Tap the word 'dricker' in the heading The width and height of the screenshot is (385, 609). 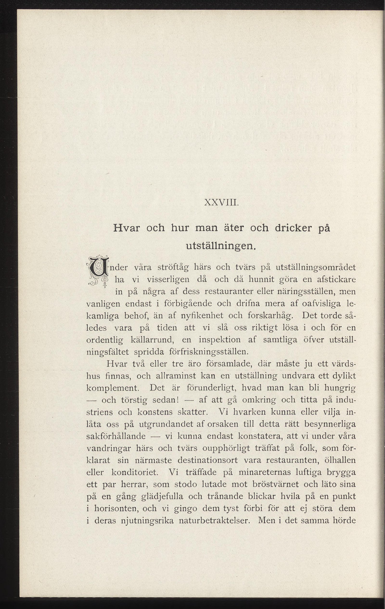(x=293, y=228)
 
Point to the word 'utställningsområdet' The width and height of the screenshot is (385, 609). (x=315, y=268)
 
